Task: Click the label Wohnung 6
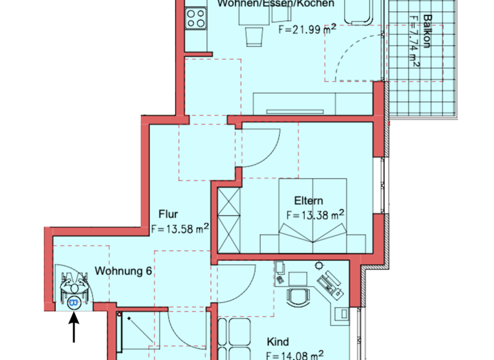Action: [x=123, y=271]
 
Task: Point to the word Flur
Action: [x=168, y=215]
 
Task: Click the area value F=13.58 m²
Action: [x=179, y=228]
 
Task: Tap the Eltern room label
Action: [x=309, y=201]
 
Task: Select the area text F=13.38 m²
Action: [x=315, y=215]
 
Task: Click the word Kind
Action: [x=279, y=342]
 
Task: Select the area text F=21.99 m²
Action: [x=306, y=30]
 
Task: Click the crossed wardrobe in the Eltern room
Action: [x=228, y=218]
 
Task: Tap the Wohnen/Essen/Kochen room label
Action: [x=276, y=4]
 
